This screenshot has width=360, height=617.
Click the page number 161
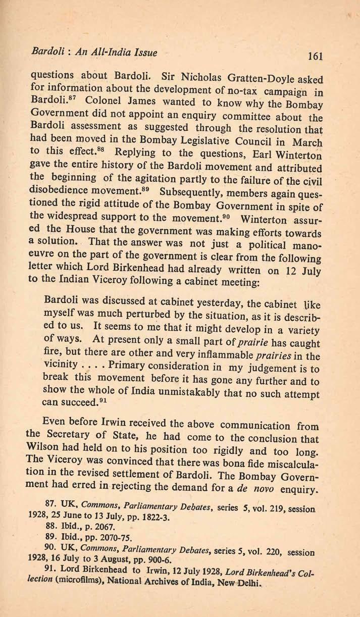tap(314, 56)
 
